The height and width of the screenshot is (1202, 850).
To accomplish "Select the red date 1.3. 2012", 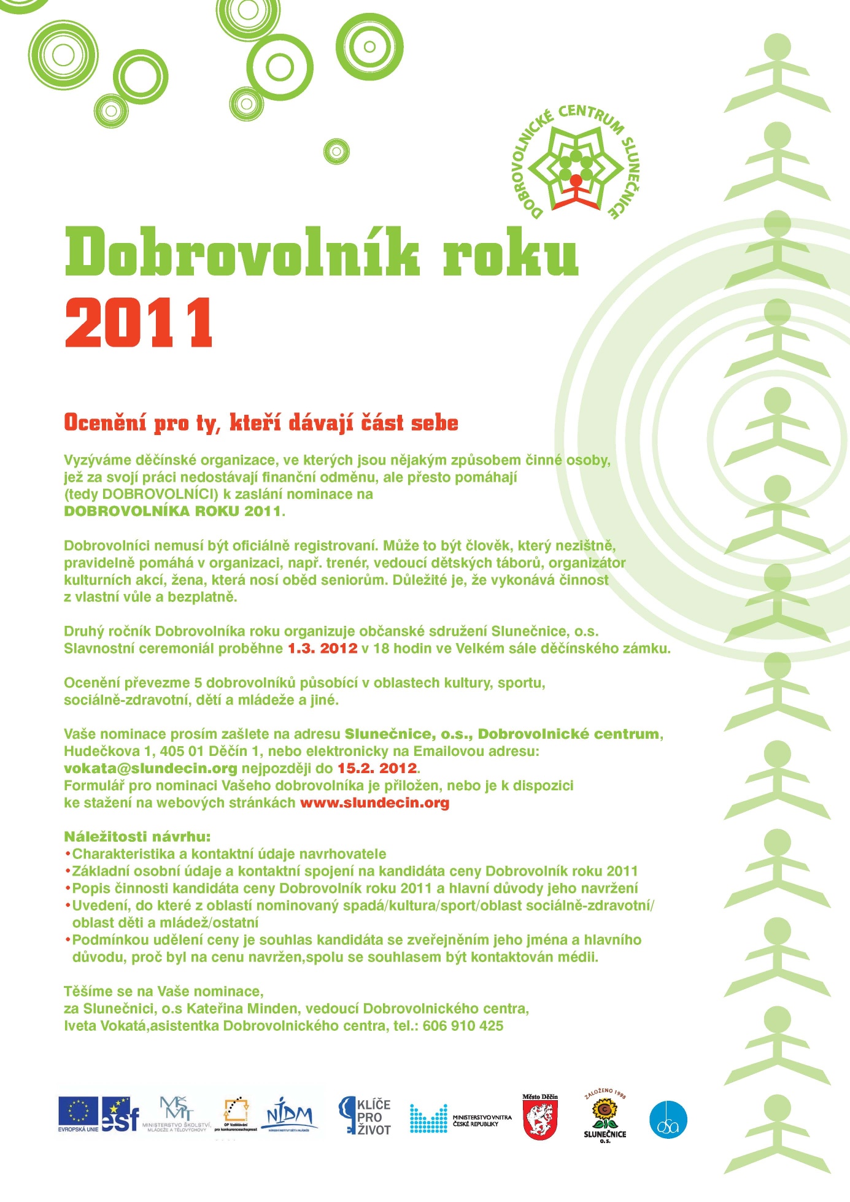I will pyautogui.click(x=322, y=649).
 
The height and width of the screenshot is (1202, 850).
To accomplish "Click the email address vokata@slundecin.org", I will pyautogui.click(x=150, y=768).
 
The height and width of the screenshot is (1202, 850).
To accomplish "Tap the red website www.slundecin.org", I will pyautogui.click(x=374, y=803).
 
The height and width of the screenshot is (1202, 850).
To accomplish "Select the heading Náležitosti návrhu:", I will pyautogui.click(x=137, y=836).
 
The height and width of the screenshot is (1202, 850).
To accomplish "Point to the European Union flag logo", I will pyautogui.click(x=78, y=1112).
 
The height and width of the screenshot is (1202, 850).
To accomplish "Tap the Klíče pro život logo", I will pyautogui.click(x=365, y=1116).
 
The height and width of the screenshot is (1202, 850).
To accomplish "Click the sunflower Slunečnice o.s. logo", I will pyautogui.click(x=605, y=1116).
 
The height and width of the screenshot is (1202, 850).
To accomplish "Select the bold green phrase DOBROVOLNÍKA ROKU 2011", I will pyautogui.click(x=172, y=511).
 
